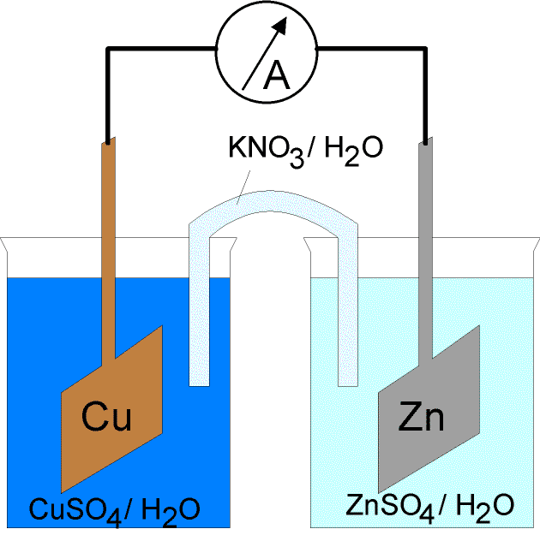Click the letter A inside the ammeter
[278, 76]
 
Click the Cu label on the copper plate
[107, 417]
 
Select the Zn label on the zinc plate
[422, 417]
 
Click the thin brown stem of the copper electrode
[109, 257]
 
